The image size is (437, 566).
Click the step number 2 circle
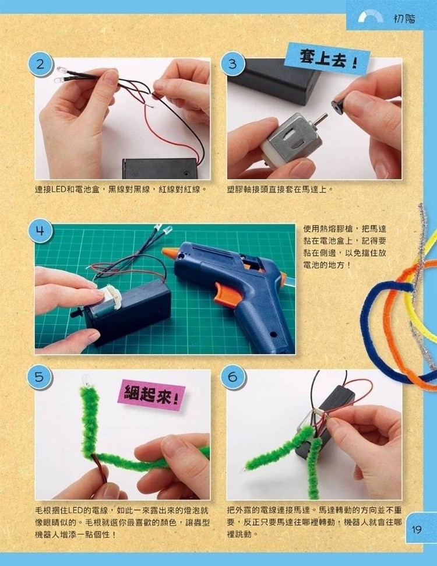(40, 65)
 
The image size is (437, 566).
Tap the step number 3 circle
(232, 64)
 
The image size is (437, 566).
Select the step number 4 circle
(40, 230)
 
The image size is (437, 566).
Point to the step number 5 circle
(40, 377)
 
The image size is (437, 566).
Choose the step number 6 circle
(233, 377)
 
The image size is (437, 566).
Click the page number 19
(417, 529)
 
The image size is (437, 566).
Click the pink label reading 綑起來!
(151, 395)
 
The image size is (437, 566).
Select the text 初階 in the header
(404, 19)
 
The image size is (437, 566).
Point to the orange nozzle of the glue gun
(170, 252)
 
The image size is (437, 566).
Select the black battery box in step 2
(161, 169)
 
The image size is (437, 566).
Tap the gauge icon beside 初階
(371, 16)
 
